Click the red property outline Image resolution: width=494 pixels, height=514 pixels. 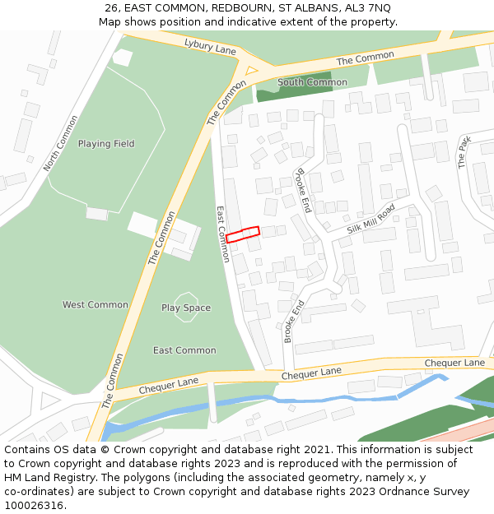243,234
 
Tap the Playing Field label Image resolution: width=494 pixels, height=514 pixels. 106,144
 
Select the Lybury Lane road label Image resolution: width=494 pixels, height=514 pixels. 210,47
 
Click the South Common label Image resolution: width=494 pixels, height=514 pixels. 312,82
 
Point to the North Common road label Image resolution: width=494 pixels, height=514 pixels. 61,143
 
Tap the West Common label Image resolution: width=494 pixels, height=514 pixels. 96,305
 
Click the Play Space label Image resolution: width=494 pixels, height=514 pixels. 186,308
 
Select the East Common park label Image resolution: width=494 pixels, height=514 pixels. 184,350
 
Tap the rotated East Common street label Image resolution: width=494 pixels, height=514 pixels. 222,234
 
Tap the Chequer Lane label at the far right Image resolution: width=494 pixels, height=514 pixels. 454,363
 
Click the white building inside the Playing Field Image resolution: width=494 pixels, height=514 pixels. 122,58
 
